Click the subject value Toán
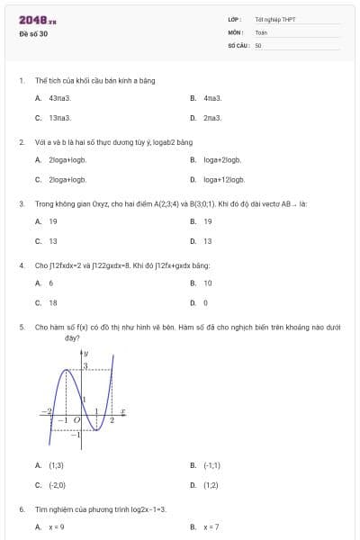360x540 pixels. [261, 31]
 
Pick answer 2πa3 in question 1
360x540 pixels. [212, 118]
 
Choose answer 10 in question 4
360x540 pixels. [207, 283]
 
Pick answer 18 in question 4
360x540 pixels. [53, 303]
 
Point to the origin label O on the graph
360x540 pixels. [76, 420]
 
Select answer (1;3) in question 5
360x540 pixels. [56, 465]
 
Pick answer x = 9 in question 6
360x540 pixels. [57, 527]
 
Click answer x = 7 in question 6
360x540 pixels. [211, 527]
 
